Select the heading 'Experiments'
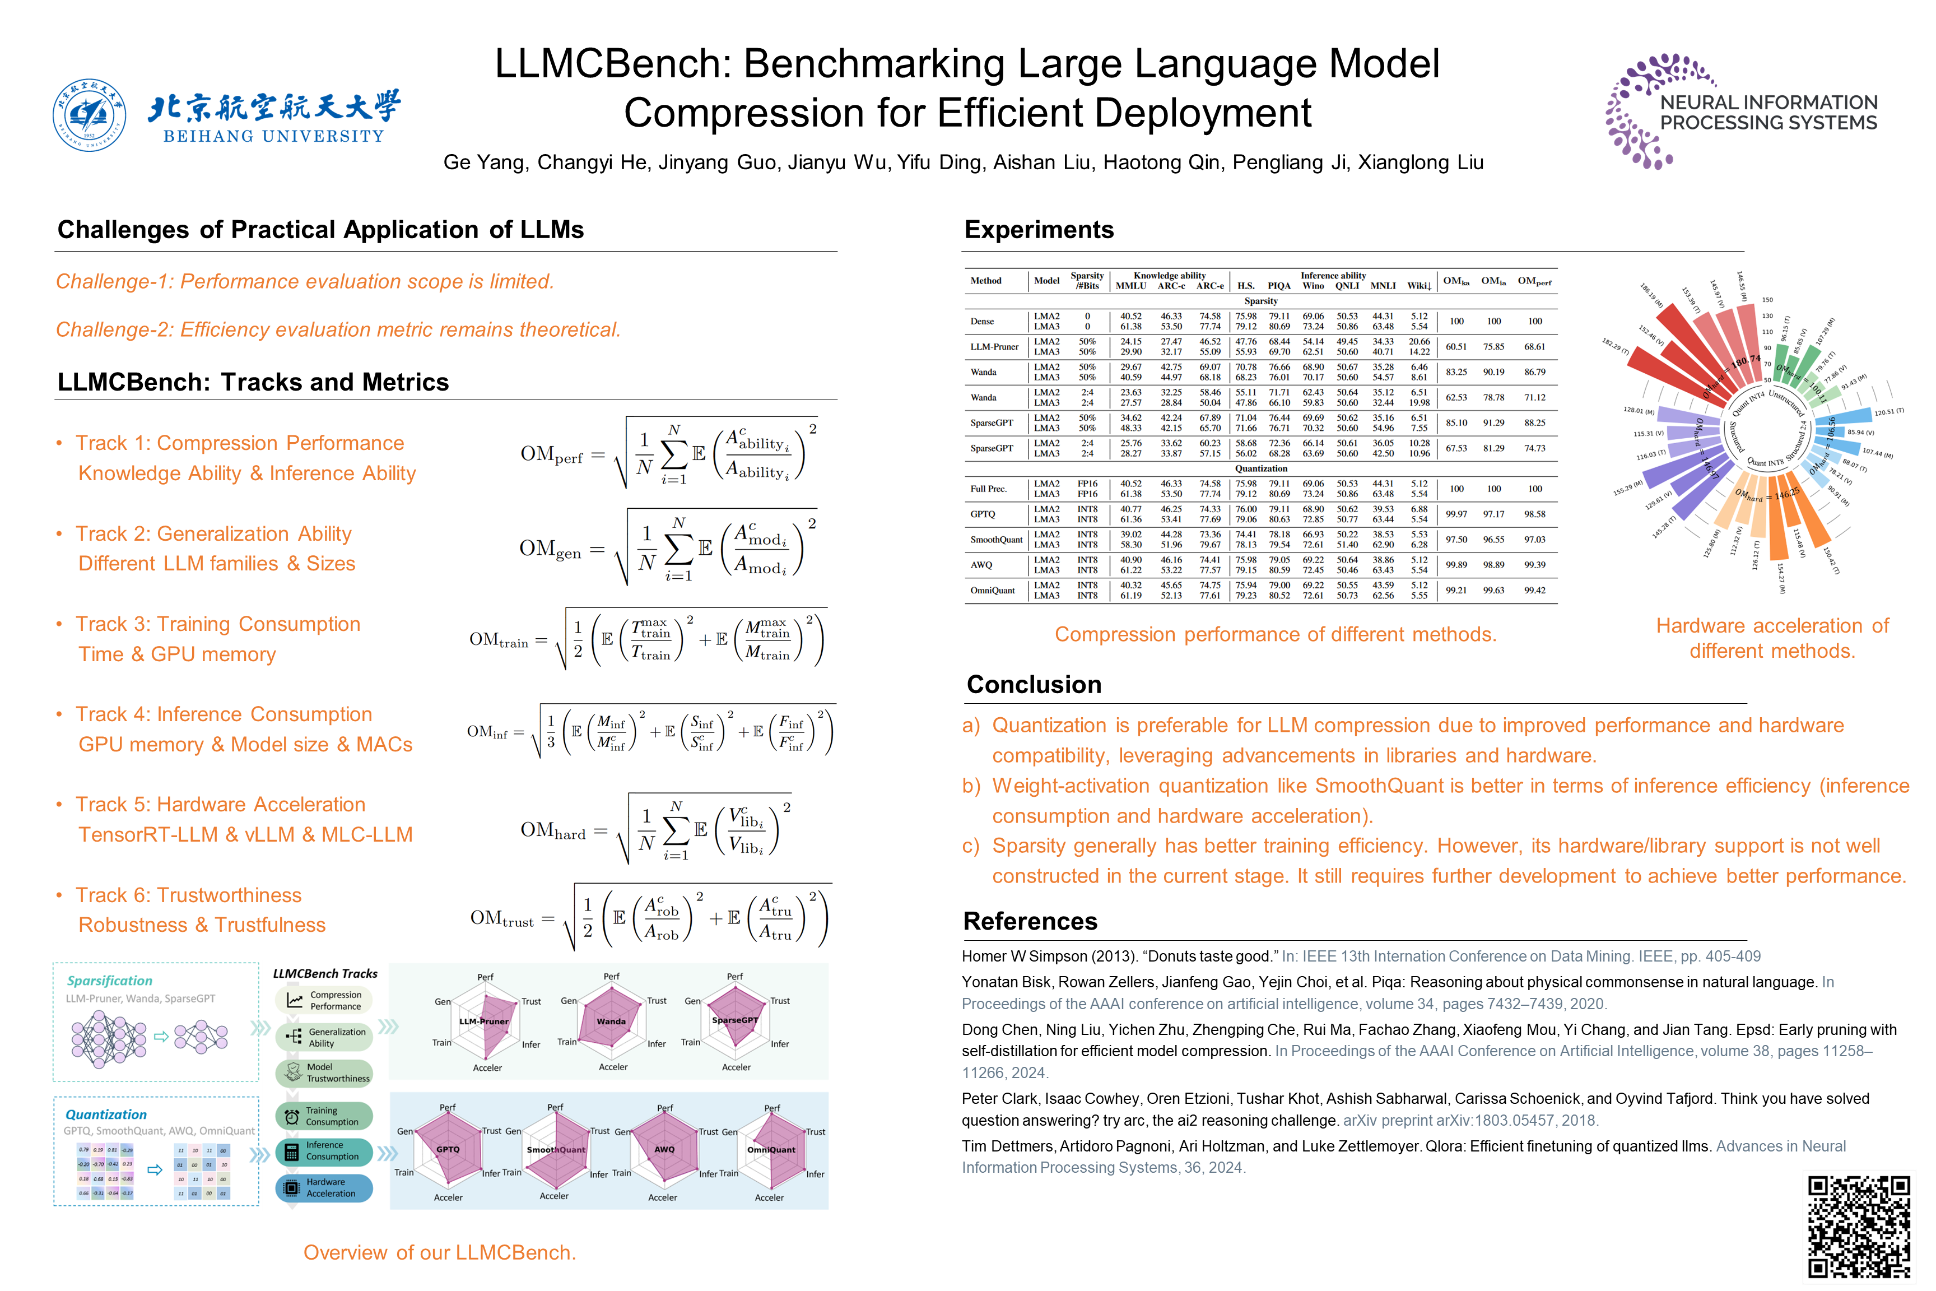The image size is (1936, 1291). click(x=1039, y=230)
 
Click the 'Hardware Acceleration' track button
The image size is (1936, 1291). click(x=324, y=1188)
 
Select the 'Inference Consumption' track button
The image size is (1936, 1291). click(x=324, y=1151)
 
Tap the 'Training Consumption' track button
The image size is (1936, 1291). click(x=324, y=1116)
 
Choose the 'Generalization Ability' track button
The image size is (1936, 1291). click(x=324, y=1037)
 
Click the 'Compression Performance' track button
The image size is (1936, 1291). click(x=324, y=1000)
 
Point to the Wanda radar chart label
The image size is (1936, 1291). click(x=611, y=1021)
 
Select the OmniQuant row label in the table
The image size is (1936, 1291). click(x=992, y=591)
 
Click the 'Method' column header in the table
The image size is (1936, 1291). click(x=985, y=281)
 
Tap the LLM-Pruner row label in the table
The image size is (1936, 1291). click(x=994, y=347)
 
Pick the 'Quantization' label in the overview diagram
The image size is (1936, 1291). click(x=106, y=1114)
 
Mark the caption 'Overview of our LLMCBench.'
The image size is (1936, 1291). click(x=440, y=1252)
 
